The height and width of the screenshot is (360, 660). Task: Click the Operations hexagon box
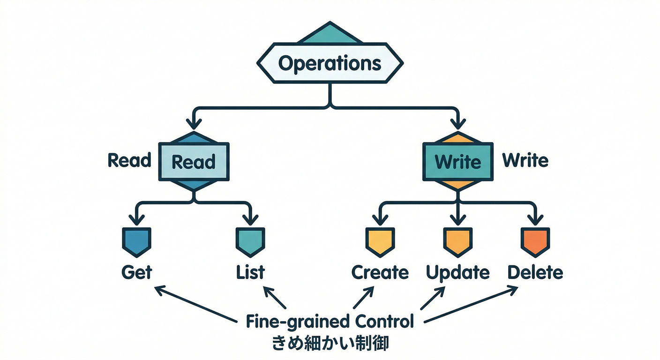coord(330,63)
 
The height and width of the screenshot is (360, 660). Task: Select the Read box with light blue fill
coord(194,162)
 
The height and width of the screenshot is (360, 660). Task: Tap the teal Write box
coord(457,162)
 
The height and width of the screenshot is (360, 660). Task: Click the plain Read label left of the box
coord(129,160)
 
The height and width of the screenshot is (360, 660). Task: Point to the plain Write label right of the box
coord(525,160)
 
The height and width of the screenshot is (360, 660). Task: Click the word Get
coord(136,272)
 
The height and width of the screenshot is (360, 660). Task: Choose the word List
coord(250,272)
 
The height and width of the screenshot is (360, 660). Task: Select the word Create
coord(380,272)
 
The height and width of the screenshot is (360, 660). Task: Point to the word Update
coord(457,272)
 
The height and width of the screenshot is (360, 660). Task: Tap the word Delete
coord(535,272)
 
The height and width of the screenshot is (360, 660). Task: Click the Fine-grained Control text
coord(330,322)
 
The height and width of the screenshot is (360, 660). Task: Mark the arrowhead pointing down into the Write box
coord(457,124)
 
